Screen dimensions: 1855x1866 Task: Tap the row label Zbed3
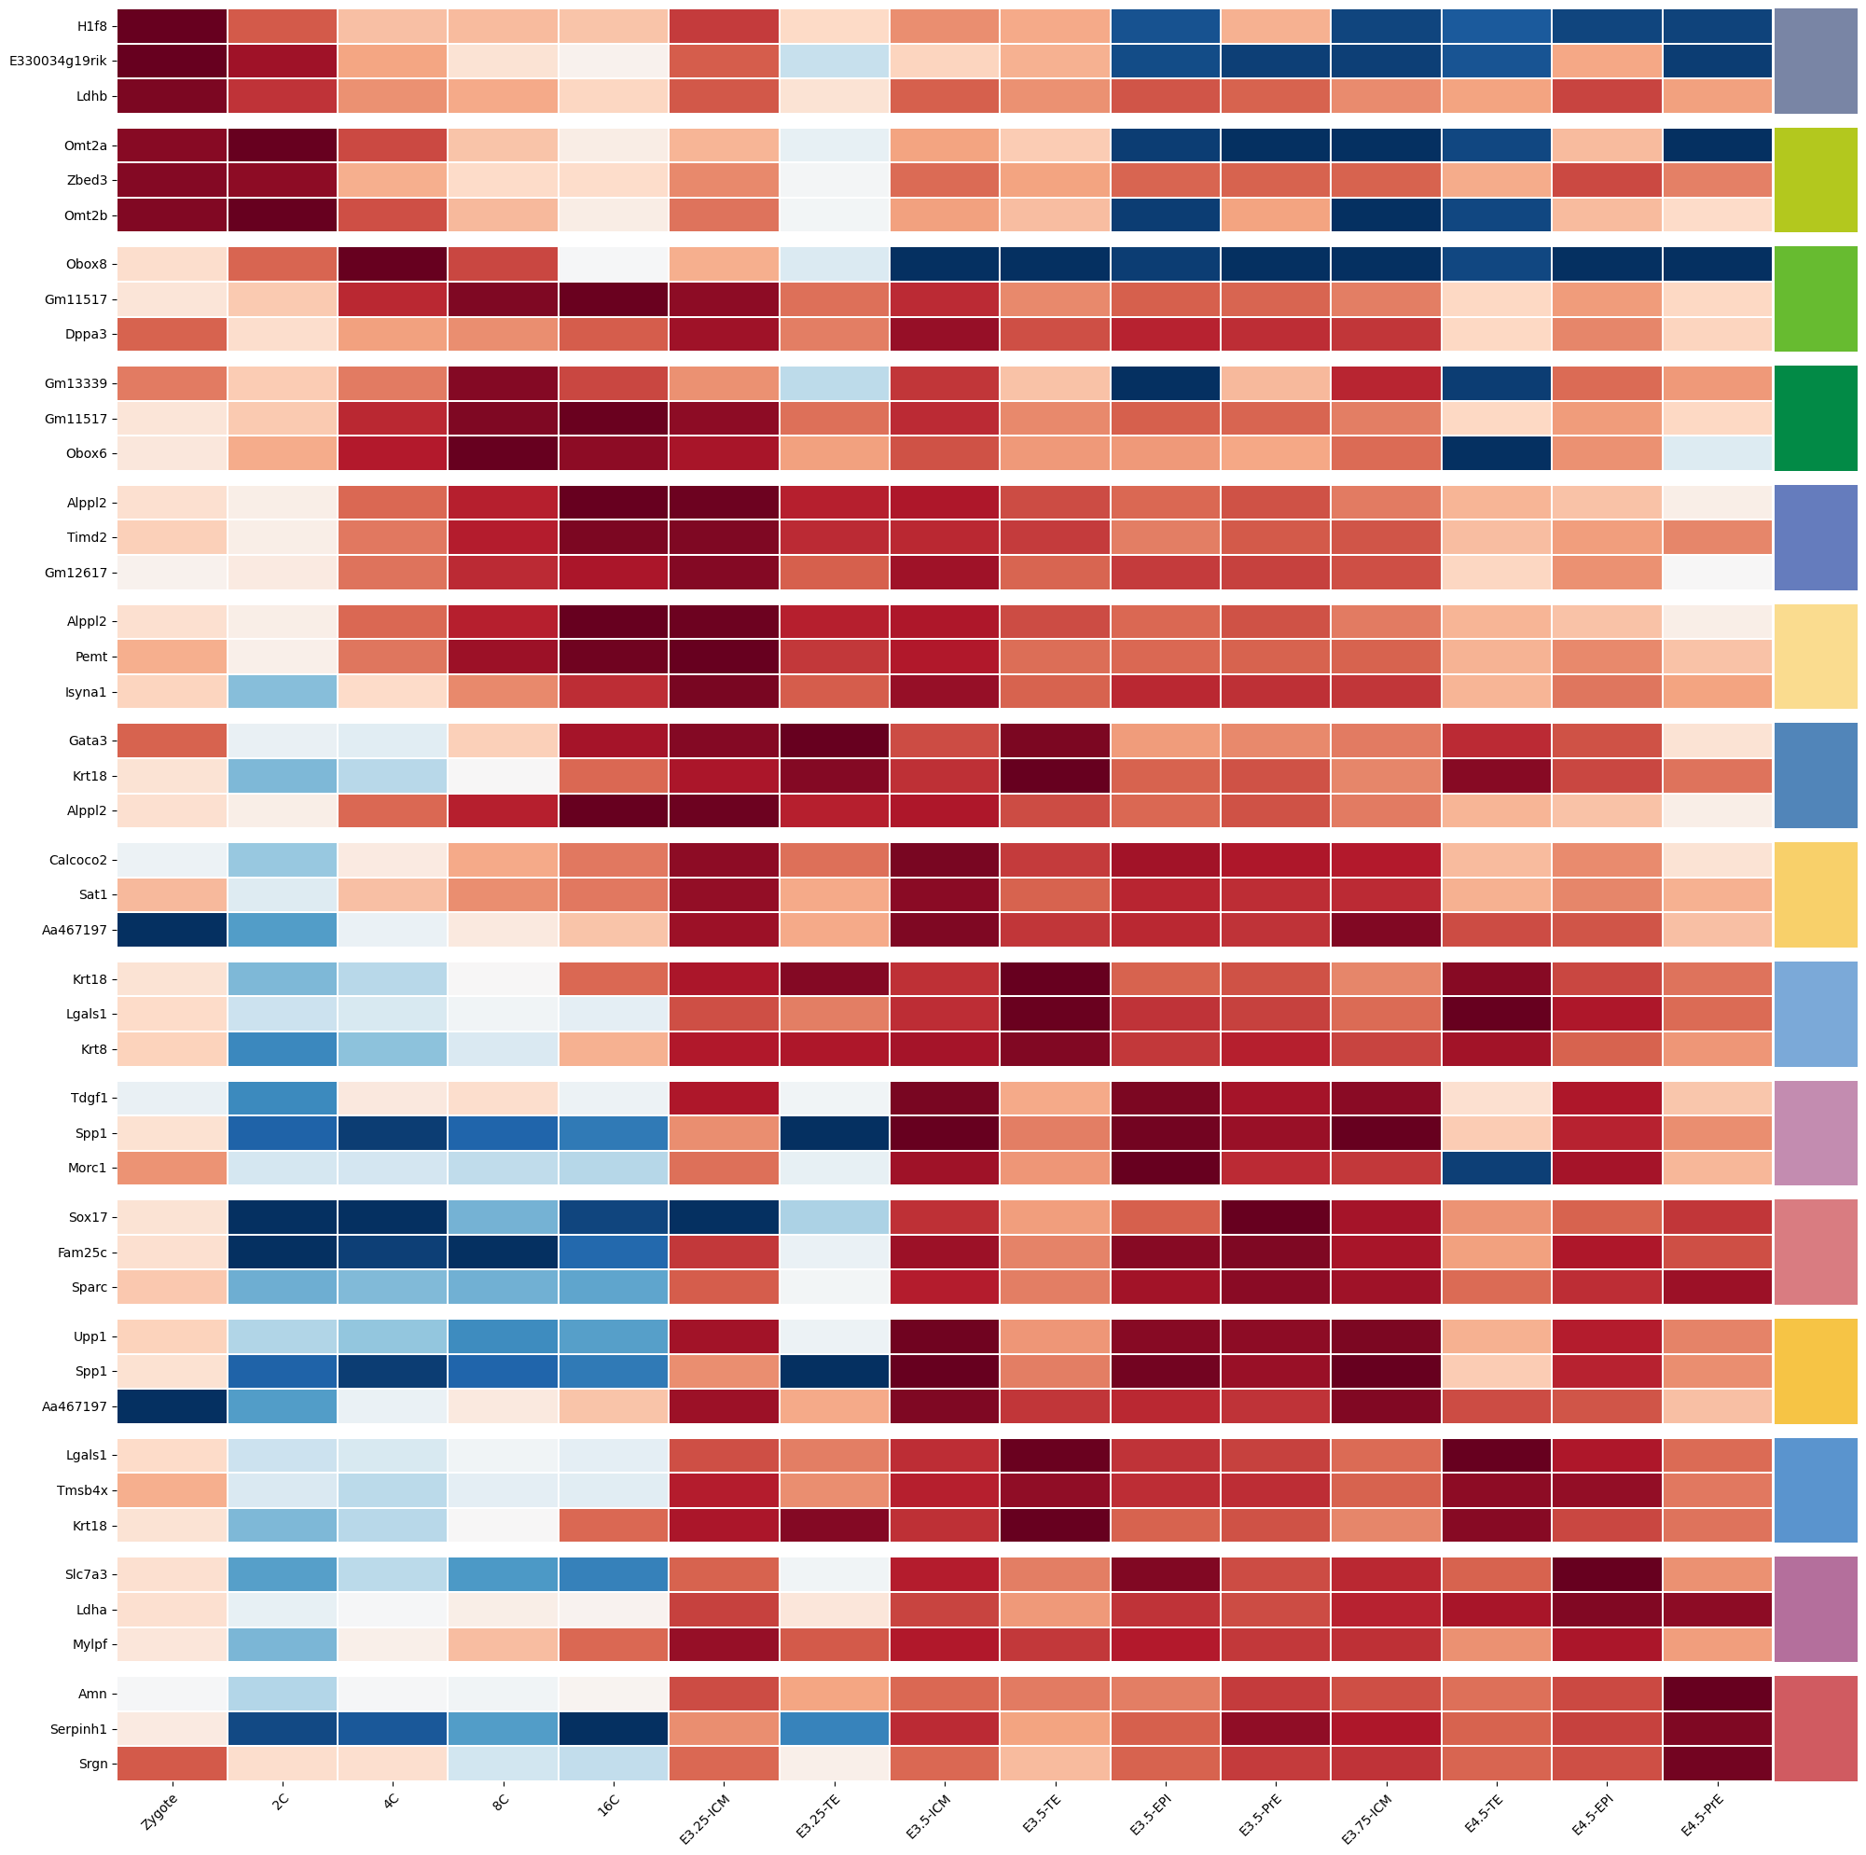coord(85,181)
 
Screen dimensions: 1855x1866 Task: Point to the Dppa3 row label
coord(84,334)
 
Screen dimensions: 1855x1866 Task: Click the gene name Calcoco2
coord(76,860)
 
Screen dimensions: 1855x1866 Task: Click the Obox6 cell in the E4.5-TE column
coord(1496,454)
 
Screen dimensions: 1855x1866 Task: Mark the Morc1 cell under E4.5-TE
coord(1496,1167)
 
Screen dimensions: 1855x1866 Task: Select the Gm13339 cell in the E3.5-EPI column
coord(1165,383)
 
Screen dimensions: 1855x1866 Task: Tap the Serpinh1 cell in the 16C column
coord(614,1728)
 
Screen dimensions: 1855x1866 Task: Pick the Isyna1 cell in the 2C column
coord(282,692)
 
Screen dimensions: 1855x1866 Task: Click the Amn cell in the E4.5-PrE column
coord(1718,1694)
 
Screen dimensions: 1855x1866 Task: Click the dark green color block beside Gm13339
coord(1816,419)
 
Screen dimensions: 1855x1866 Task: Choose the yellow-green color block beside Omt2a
coord(1816,181)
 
